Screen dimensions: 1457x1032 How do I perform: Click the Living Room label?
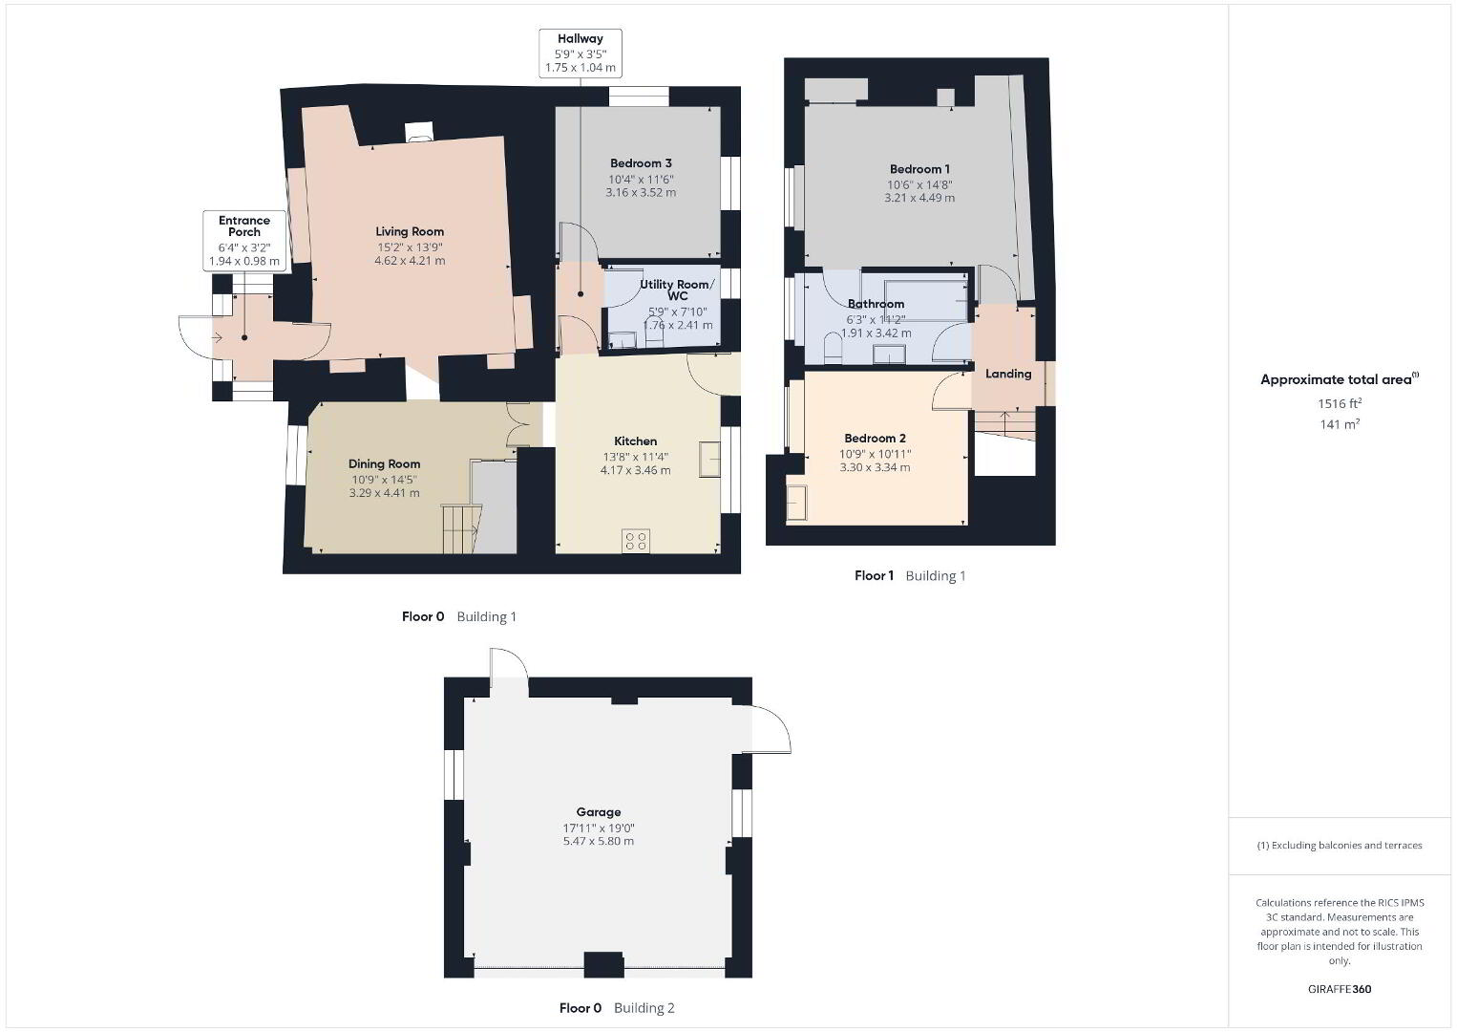(410, 231)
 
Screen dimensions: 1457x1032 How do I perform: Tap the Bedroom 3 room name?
(641, 162)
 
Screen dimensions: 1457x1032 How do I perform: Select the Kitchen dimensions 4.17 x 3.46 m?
(635, 470)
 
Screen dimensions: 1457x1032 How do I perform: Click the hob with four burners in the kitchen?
(636, 541)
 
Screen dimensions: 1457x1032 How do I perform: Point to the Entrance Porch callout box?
(243, 240)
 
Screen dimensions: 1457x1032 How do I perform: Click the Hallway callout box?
(581, 54)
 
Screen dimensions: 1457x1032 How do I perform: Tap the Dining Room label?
(385, 463)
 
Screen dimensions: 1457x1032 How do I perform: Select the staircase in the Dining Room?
(462, 528)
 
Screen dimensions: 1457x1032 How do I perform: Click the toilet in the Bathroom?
(832, 348)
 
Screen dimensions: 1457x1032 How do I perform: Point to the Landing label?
(1008, 374)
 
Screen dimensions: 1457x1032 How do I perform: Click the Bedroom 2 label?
(875, 439)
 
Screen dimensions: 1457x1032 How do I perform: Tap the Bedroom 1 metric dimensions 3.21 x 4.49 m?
(919, 198)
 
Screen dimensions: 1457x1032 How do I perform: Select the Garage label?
(599, 812)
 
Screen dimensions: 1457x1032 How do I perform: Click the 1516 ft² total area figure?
(1340, 403)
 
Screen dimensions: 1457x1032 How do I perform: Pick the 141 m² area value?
(1340, 424)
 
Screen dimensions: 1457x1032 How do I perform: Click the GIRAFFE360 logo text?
(1340, 989)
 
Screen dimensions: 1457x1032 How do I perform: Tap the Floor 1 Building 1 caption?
(910, 575)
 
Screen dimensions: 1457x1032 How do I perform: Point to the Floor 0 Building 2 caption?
(617, 1008)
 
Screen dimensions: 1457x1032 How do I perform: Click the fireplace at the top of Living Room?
(418, 132)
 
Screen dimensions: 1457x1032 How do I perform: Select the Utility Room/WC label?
(677, 290)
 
